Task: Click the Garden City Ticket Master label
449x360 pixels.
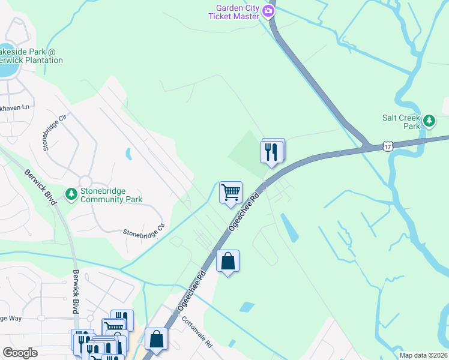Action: (x=233, y=12)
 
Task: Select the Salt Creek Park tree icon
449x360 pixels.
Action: (x=429, y=121)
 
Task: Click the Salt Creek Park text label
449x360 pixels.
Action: (x=402, y=122)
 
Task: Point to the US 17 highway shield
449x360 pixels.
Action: (x=388, y=146)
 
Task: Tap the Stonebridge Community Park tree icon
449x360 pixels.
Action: (x=71, y=194)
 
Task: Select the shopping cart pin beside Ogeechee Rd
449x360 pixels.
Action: (x=231, y=193)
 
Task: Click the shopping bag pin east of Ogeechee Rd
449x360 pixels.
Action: (x=228, y=261)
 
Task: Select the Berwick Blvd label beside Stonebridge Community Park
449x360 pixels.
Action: (x=41, y=187)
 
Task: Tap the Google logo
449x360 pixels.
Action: (x=20, y=352)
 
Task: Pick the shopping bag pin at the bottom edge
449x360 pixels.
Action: (x=156, y=339)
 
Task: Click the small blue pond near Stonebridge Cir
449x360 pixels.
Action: (x=128, y=154)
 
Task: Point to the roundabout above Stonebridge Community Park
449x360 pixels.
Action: (x=85, y=181)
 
